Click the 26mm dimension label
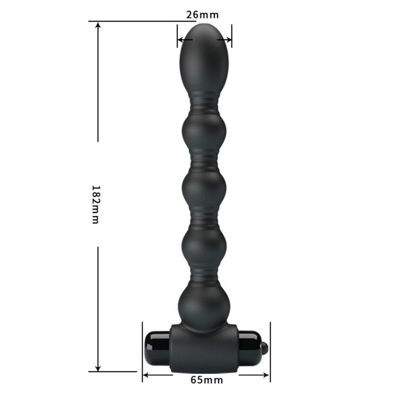[x=202, y=15]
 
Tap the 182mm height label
[x=96, y=205]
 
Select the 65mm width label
[x=206, y=379]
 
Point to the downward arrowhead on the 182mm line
[x=98, y=368]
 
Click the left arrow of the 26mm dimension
[x=185, y=39]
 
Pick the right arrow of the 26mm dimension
[x=224, y=39]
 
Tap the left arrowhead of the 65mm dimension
[x=146, y=375]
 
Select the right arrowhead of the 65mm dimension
[x=266, y=375]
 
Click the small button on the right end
[x=265, y=347]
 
